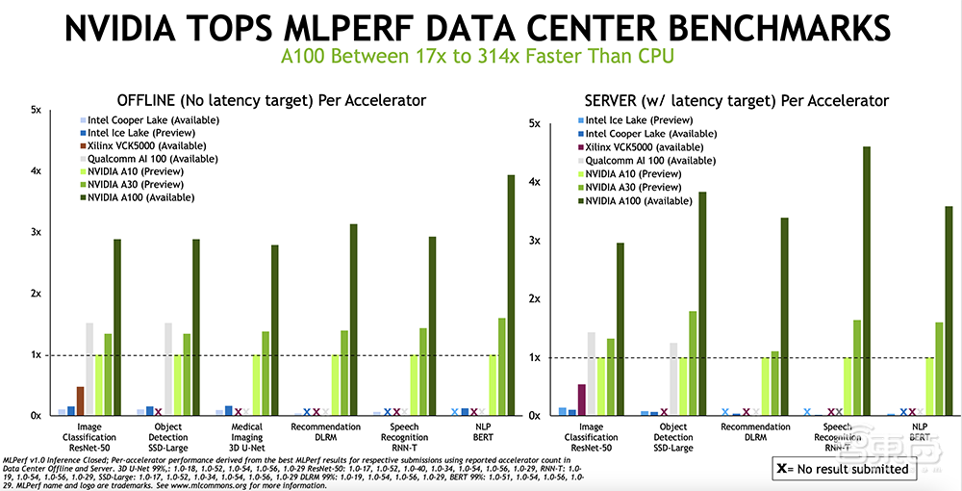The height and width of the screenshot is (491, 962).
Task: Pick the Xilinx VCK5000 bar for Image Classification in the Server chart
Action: (x=581, y=400)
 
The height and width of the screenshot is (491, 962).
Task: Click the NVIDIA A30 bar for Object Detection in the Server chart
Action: (x=693, y=363)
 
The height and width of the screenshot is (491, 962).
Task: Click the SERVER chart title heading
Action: (x=736, y=100)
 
